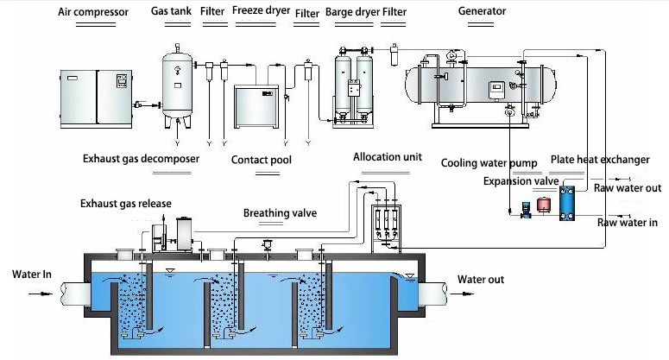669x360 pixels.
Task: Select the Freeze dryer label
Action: coord(260,13)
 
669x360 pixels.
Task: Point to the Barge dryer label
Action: coord(351,13)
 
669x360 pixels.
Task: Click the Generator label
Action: coord(483,12)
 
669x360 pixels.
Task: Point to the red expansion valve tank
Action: coord(544,205)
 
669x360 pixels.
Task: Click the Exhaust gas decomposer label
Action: coord(141,160)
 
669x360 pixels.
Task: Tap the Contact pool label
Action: coord(262,161)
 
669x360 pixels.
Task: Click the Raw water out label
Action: coord(628,187)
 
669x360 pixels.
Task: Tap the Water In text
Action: coord(33,275)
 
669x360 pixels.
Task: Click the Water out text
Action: coord(481,280)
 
